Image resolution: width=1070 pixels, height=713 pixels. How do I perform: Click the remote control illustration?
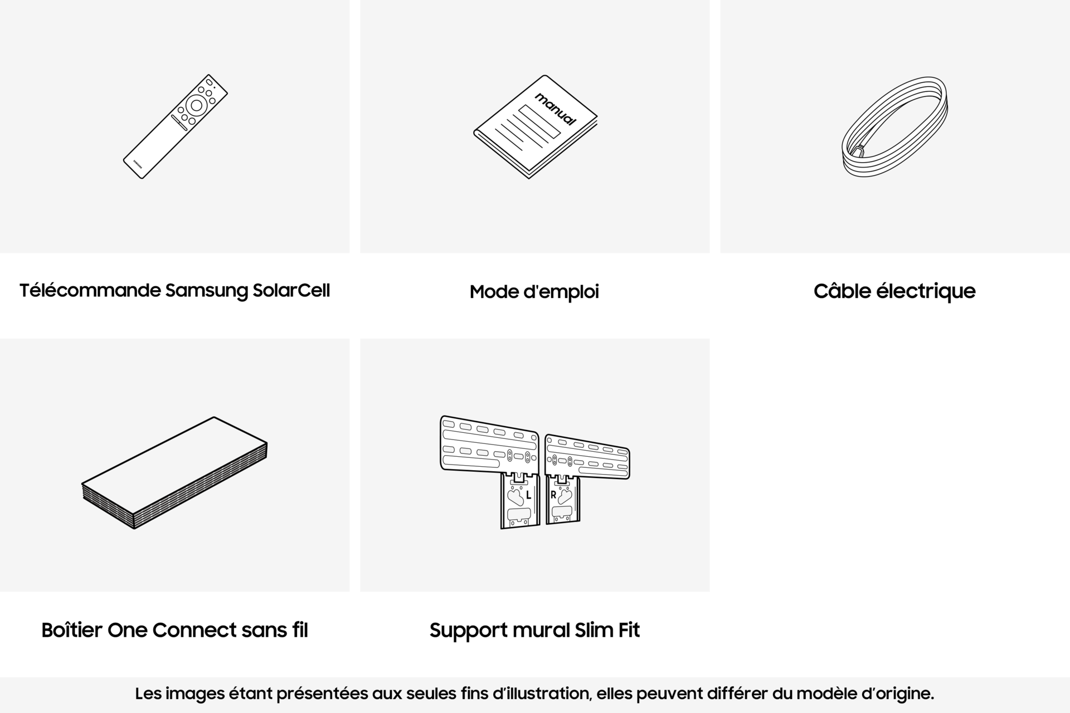click(175, 126)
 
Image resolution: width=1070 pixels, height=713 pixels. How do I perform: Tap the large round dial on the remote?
click(196, 105)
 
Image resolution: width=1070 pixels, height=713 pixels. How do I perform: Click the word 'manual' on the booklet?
click(555, 109)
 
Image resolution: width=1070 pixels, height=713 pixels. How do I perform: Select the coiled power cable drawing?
click(894, 127)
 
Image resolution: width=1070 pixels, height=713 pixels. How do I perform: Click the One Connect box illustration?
click(174, 472)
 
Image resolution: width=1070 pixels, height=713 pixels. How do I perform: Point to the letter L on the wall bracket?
click(528, 495)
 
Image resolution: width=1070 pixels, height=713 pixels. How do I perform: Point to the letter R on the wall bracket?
click(553, 495)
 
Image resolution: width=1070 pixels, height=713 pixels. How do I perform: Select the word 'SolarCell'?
click(291, 290)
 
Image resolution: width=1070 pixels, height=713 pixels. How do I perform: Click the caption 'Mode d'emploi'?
click(534, 292)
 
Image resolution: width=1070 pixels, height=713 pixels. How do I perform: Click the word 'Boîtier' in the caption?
click(72, 630)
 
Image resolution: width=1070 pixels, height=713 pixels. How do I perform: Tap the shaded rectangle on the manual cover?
click(539, 122)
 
